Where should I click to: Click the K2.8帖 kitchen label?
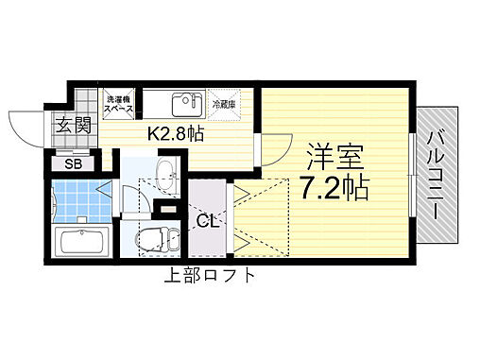point(176,133)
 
